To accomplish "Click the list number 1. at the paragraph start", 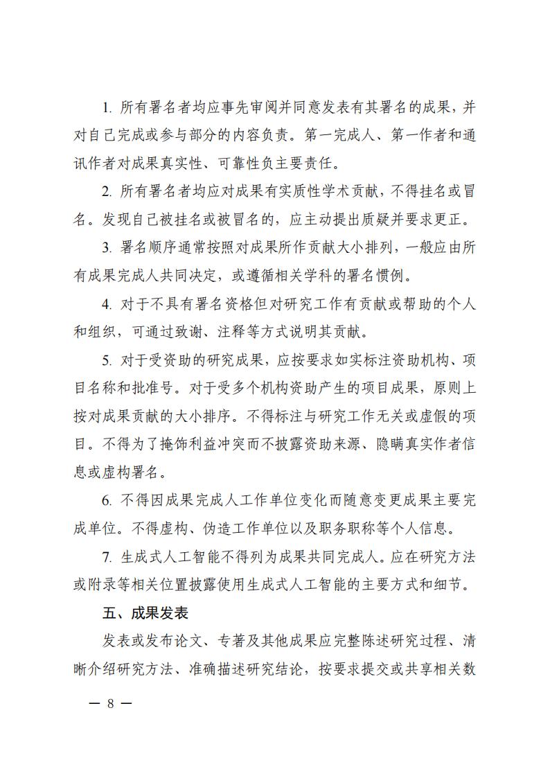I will pos(107,108).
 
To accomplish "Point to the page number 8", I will pos(110,704).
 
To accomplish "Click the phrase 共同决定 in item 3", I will pos(197,278).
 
